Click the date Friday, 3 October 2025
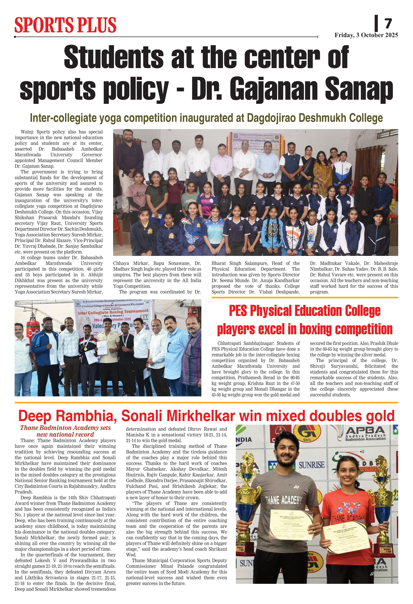[x=366, y=35]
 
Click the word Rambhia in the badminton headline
[x=86, y=416]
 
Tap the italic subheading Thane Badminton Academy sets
[x=65, y=428]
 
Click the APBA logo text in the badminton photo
[x=365, y=431]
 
